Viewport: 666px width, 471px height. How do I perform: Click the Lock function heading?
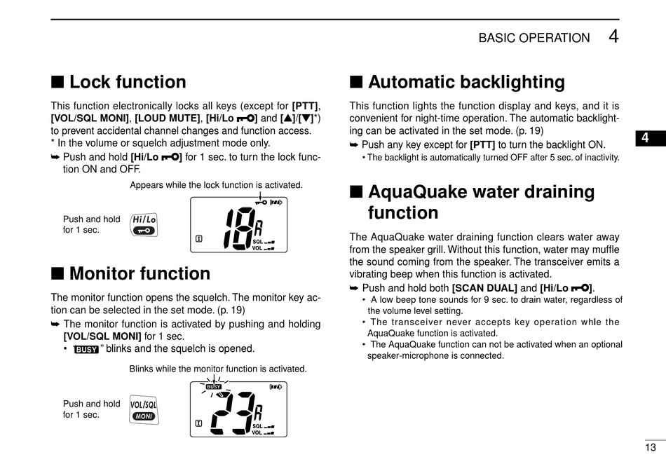[128, 83]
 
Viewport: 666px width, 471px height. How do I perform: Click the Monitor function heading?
[140, 273]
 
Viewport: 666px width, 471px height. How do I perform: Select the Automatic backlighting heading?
[466, 83]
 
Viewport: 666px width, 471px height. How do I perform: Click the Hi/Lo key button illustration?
[144, 224]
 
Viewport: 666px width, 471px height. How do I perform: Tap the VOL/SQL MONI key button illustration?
[144, 410]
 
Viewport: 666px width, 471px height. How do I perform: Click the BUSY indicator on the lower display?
[213, 387]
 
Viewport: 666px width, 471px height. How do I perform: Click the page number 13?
[651, 447]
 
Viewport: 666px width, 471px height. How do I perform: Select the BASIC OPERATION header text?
[534, 39]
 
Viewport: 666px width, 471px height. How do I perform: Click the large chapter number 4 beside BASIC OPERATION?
[613, 36]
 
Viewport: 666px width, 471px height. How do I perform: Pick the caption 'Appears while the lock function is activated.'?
[216, 185]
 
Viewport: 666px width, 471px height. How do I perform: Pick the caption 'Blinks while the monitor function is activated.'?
[218, 369]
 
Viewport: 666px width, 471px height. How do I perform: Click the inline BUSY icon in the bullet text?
[86, 349]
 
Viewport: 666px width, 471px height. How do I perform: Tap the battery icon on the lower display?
[276, 387]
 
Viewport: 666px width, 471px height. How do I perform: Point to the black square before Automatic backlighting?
[355, 83]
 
